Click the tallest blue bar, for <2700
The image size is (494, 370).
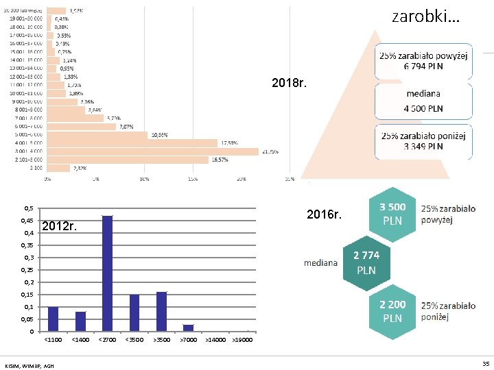click(107, 273)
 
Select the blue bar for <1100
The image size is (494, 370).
click(53, 319)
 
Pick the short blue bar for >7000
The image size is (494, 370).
click(188, 328)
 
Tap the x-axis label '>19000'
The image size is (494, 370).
click(242, 339)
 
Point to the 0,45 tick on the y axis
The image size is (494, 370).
click(28, 221)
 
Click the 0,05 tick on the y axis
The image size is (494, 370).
click(28, 319)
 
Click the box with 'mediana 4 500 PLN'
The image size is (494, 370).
click(423, 100)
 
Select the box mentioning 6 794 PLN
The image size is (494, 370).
click(423, 61)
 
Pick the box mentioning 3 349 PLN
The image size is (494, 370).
click(423, 140)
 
